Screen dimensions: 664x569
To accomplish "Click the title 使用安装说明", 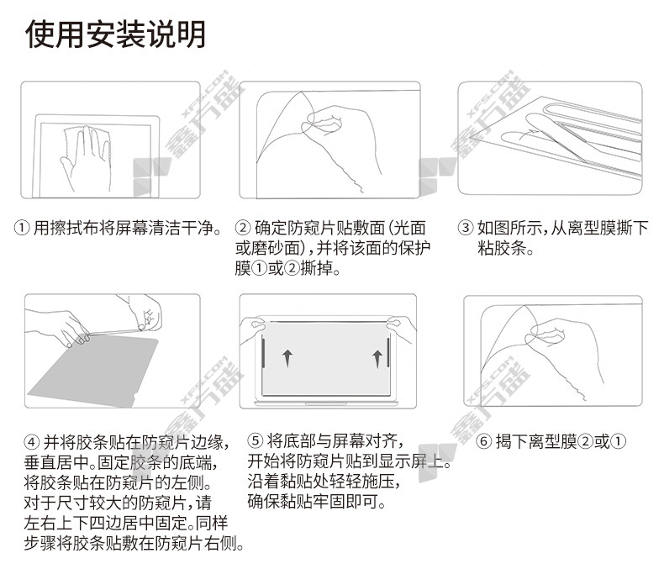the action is (116, 34).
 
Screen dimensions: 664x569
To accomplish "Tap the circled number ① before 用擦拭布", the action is (22, 229).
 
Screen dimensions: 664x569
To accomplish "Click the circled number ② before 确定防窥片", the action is (243, 229).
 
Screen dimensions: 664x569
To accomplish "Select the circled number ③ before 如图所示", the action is (466, 229).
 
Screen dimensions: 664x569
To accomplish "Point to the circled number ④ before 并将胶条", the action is (32, 442).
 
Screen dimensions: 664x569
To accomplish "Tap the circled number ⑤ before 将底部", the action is (255, 440).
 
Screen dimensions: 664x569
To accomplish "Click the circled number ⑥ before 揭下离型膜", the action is (483, 441).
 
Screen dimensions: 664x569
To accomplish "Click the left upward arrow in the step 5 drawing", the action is (287, 358).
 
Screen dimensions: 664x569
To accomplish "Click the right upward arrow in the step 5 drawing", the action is (377, 359).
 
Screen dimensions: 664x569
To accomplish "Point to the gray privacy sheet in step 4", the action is (93, 372).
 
